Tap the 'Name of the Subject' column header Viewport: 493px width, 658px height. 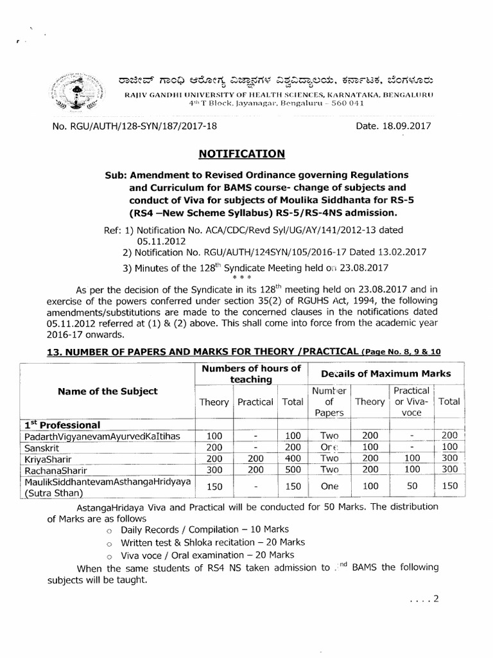(x=108, y=391)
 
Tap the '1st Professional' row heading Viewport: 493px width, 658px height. (x=62, y=425)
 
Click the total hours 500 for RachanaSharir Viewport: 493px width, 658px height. (x=292, y=470)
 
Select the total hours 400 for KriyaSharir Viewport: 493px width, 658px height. (x=292, y=458)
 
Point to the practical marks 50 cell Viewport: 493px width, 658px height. (x=411, y=486)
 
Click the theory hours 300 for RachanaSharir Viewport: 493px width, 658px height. (x=214, y=470)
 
